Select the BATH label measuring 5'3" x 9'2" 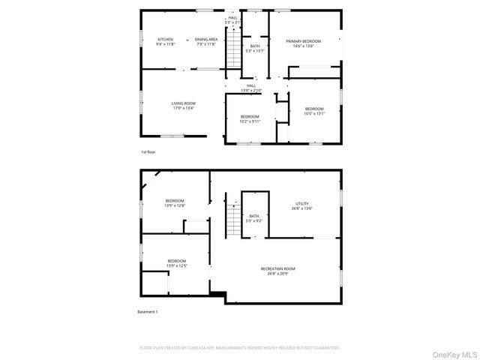[x=254, y=218]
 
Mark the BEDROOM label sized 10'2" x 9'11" [x=250, y=118]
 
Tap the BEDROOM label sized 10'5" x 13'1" [x=314, y=111]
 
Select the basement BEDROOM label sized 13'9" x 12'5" [x=176, y=263]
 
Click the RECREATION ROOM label [x=277, y=271]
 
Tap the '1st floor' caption [x=148, y=152]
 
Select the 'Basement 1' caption [x=148, y=312]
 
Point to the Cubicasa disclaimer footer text [x=240, y=348]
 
